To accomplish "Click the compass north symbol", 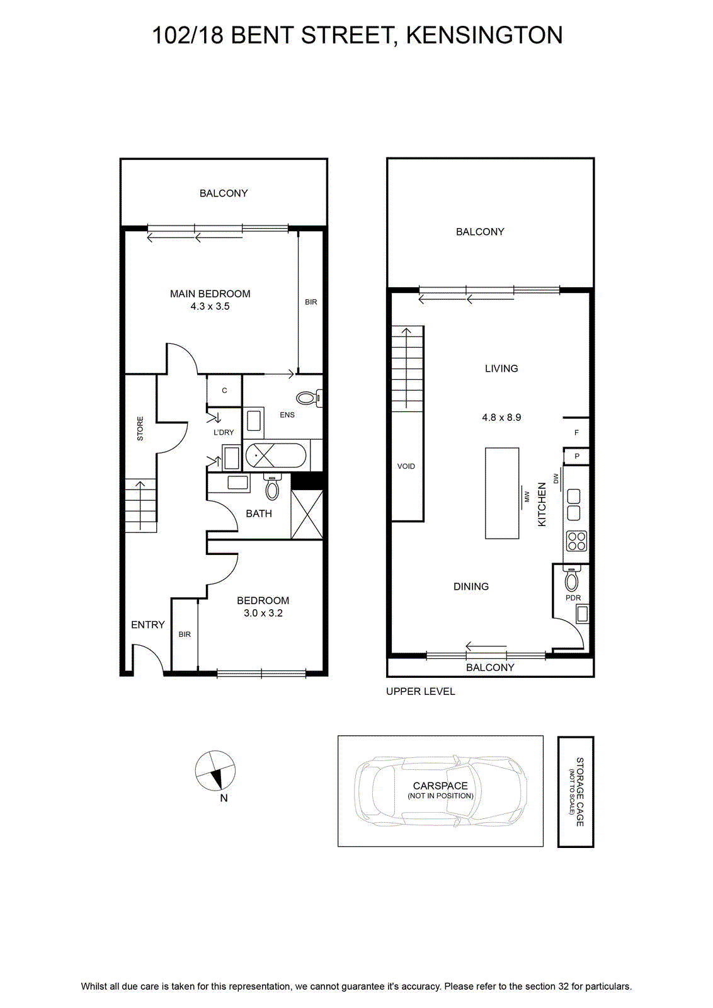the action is [x=215, y=770].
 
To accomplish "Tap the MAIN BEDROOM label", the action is [x=210, y=294].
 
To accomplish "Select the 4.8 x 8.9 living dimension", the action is [x=501, y=417].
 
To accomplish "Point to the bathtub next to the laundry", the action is [x=276, y=456].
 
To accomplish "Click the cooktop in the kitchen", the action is [x=576, y=541].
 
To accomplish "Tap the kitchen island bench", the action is [x=501, y=493].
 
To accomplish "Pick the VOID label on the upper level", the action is [x=406, y=466].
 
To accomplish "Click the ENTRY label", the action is [x=148, y=624].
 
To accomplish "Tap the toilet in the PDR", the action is [x=571, y=579].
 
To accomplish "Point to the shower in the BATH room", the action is [x=307, y=514].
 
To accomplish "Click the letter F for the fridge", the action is [x=576, y=433].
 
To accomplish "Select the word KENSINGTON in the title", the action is [x=484, y=35].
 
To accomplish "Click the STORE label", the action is [x=140, y=428].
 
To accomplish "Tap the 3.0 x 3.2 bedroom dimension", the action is [x=263, y=613].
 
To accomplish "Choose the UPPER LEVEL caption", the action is [x=421, y=691].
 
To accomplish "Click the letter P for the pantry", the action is [x=577, y=456].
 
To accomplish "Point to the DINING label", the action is [x=471, y=587].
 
